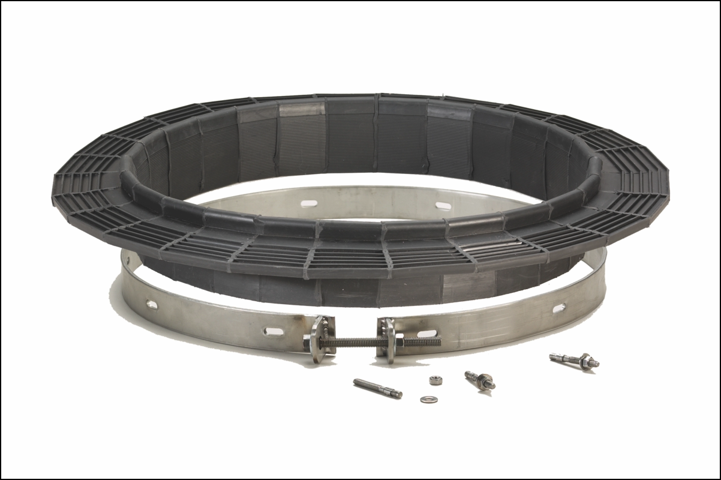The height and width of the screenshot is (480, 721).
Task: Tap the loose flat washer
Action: (428, 399)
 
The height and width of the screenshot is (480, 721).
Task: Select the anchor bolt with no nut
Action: (377, 388)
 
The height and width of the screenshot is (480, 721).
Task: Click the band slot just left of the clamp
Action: (274, 331)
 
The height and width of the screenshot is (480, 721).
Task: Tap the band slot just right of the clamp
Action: (427, 333)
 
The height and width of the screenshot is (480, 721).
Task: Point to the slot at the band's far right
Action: (558, 308)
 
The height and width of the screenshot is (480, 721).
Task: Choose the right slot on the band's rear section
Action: (443, 206)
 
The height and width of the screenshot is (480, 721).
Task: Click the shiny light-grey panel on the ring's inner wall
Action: (302, 109)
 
